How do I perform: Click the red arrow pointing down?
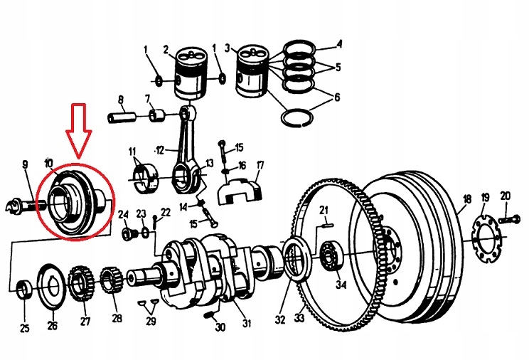point(79,132)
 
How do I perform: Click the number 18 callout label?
point(466,200)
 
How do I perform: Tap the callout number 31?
point(246,324)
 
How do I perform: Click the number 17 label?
point(260,166)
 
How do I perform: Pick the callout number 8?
point(121,100)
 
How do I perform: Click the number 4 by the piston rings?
point(339,44)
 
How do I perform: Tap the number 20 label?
point(506,196)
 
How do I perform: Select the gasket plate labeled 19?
point(486,234)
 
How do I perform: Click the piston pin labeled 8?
point(122,115)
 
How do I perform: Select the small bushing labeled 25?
point(23,290)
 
